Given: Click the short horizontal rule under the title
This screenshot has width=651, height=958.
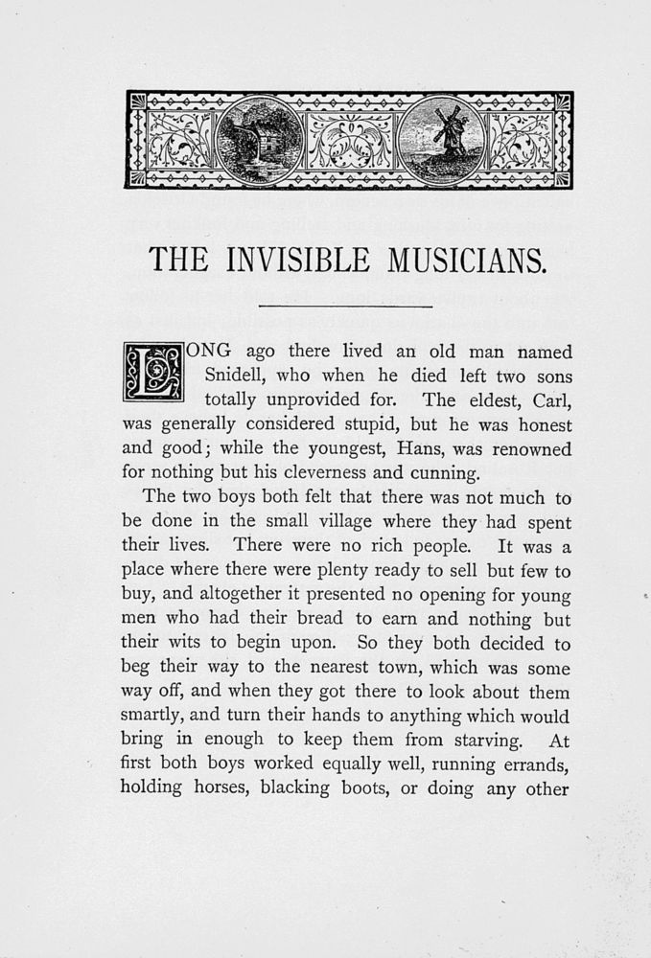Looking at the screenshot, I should (346, 305).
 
